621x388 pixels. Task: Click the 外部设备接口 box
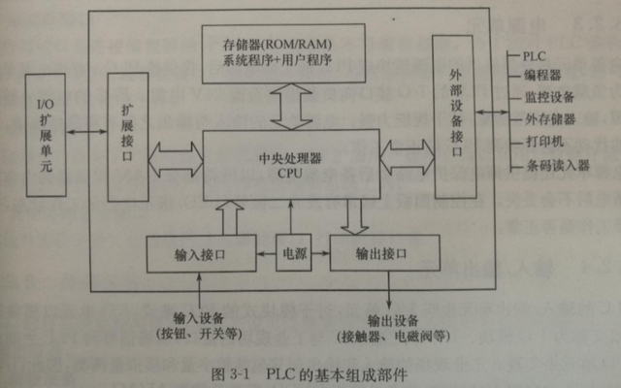456,117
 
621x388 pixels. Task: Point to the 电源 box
293,252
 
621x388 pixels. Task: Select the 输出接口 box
378,253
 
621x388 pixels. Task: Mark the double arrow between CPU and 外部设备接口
405,152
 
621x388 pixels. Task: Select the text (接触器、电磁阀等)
392,337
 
